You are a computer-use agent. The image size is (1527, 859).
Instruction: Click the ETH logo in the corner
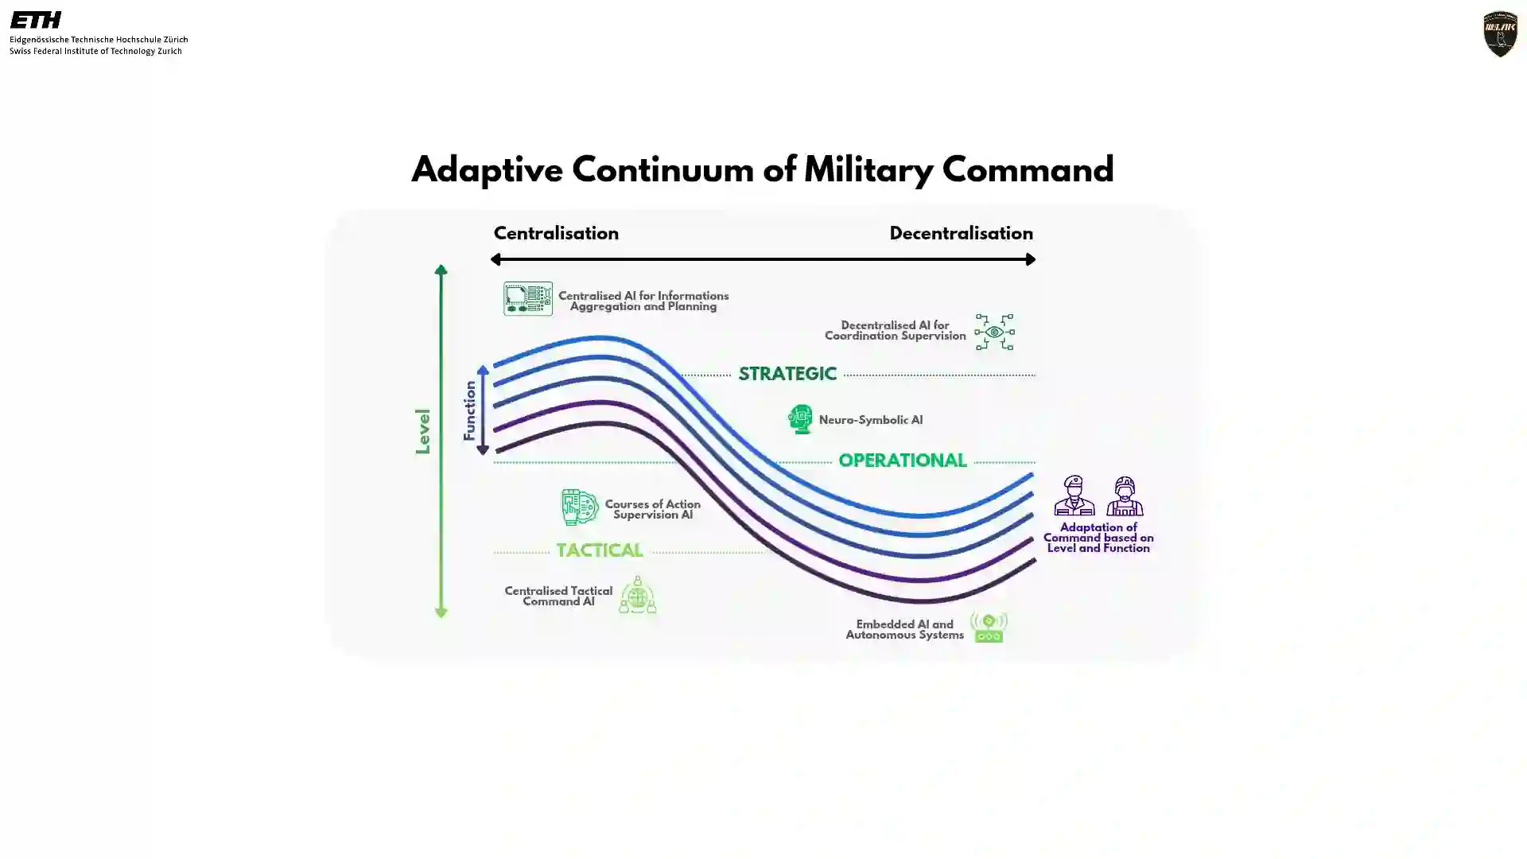coord(36,20)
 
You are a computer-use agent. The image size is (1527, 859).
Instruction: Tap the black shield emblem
coord(1500,34)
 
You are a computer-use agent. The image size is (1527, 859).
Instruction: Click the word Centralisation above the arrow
coord(556,233)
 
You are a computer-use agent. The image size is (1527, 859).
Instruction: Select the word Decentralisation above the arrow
coord(961,233)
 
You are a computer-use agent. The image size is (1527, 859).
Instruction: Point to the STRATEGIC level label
coord(787,374)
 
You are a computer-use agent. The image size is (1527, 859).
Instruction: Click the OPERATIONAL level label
coord(903,461)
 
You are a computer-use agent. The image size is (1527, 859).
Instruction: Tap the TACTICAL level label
coord(599,550)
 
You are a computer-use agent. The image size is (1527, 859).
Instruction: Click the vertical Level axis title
coord(422,432)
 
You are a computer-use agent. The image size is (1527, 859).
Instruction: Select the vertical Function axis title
coord(469,410)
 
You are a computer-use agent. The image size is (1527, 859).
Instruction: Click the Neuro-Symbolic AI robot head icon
coord(800,419)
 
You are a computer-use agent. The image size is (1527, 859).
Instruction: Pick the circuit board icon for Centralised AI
coord(528,298)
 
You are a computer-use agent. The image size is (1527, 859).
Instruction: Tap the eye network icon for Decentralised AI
coord(994,332)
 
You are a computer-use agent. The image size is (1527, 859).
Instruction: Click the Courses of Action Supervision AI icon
coord(579,507)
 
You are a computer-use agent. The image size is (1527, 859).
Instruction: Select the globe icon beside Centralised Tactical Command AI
coord(637,595)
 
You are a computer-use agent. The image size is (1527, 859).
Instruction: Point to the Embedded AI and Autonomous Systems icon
coord(988,628)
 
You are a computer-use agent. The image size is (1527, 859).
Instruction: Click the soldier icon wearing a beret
coord(1074,496)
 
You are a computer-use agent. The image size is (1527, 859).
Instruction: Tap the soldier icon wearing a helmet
coord(1125,496)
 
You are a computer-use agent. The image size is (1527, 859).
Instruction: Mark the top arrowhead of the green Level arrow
coord(441,270)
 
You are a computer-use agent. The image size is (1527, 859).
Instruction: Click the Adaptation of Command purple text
coord(1098,538)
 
